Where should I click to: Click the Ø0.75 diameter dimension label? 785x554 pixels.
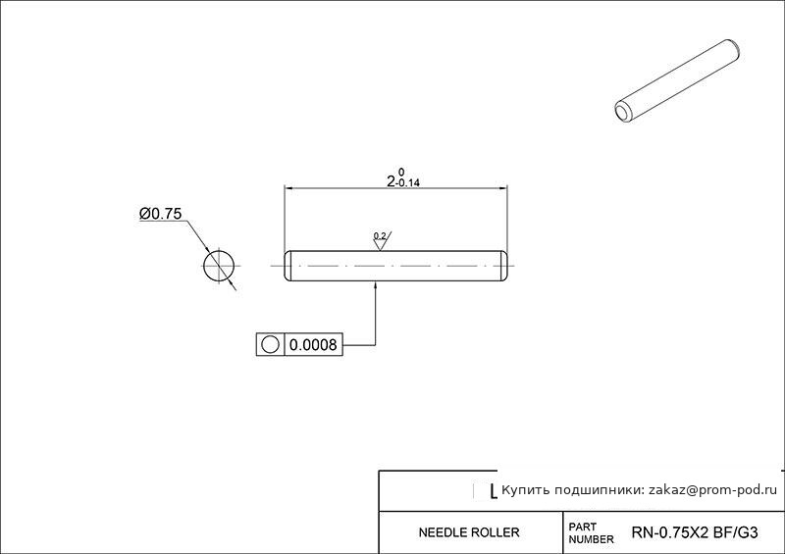(x=160, y=214)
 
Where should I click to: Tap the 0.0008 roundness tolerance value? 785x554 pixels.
(x=313, y=345)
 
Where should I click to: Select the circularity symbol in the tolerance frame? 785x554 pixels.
(x=270, y=345)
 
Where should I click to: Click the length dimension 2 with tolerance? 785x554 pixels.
(x=403, y=177)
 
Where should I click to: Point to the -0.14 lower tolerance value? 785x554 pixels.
(x=408, y=183)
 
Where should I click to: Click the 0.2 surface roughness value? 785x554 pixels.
(x=380, y=235)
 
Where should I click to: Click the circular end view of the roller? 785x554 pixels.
(x=219, y=266)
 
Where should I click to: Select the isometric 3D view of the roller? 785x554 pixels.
(x=677, y=81)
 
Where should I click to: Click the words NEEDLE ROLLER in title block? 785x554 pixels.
(x=469, y=532)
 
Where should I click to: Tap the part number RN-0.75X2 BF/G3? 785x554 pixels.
(x=695, y=532)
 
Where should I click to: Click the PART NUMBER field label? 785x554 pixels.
(x=591, y=533)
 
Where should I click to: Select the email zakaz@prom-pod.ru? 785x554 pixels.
(x=713, y=490)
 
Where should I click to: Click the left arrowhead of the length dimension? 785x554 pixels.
(x=289, y=188)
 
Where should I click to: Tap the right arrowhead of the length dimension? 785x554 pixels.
(x=502, y=188)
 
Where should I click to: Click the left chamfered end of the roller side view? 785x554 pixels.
(x=288, y=266)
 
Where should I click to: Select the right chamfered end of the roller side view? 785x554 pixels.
(x=504, y=266)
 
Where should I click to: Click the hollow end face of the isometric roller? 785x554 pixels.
(x=623, y=112)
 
